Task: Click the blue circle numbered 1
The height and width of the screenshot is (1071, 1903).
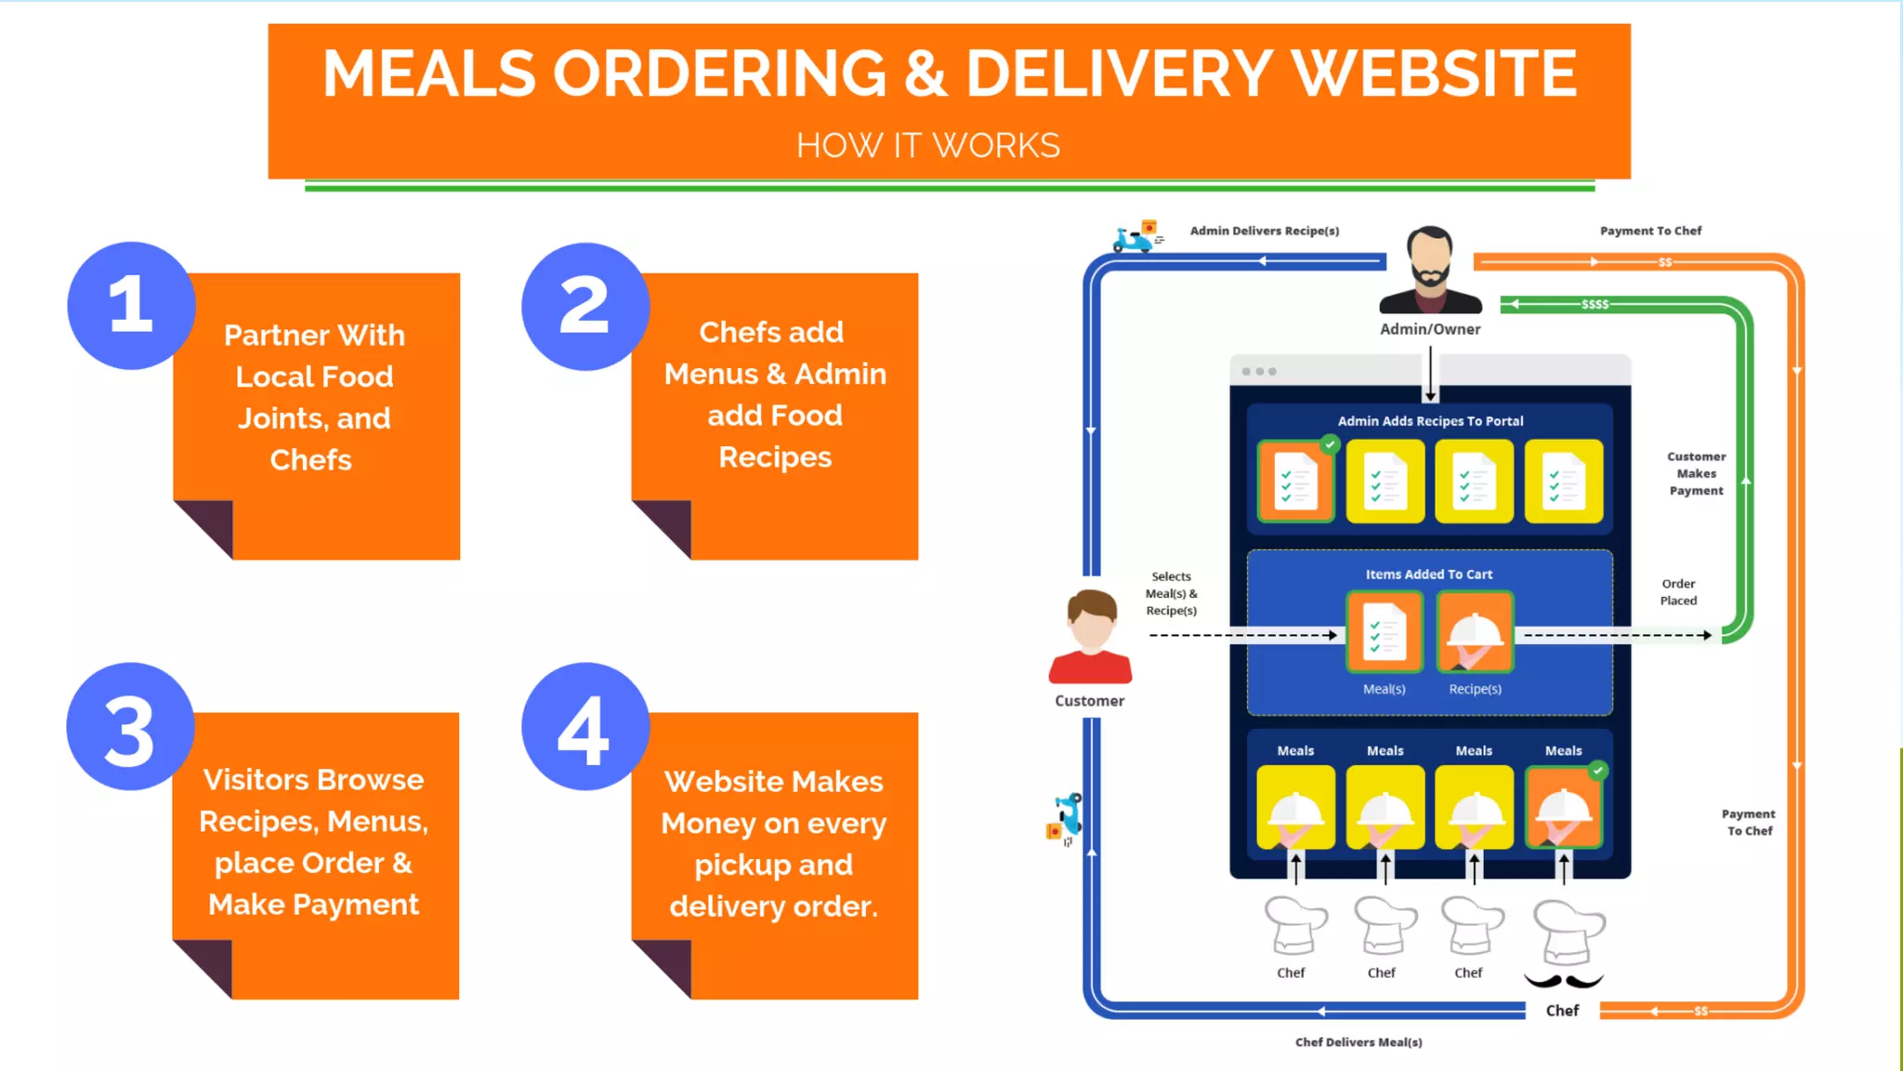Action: tap(131, 305)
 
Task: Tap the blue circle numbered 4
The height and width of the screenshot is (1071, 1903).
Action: tap(584, 727)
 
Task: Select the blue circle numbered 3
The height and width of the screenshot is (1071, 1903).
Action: tap(130, 727)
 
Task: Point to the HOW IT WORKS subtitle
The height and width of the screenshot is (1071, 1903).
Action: tap(927, 146)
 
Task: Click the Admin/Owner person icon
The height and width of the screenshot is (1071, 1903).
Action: tap(1430, 270)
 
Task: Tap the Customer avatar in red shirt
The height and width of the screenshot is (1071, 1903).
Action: tap(1090, 638)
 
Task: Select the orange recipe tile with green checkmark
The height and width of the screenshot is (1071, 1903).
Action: tap(1295, 482)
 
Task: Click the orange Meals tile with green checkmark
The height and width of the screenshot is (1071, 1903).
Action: tap(1564, 807)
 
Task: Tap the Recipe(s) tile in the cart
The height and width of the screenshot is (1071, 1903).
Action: tap(1475, 632)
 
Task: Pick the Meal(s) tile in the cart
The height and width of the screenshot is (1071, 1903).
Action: tap(1385, 632)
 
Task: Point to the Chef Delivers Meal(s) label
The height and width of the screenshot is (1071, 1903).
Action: tap(1358, 1042)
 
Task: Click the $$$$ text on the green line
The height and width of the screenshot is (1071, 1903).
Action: tap(1595, 304)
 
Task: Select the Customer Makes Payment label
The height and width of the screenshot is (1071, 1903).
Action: tap(1696, 473)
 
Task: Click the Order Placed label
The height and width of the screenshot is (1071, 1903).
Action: tap(1678, 592)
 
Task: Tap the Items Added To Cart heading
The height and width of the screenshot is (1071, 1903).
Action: tap(1429, 575)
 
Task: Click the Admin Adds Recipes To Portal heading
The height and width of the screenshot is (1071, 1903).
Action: tap(1430, 421)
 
